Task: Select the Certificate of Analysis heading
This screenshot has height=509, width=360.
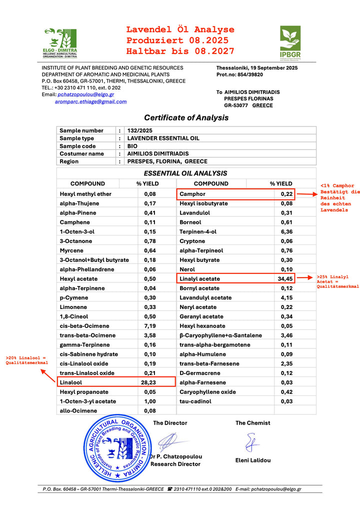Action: pyautogui.click(x=186, y=118)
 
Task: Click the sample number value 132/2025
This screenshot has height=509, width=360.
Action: pyautogui.click(x=140, y=130)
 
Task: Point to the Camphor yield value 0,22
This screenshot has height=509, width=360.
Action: pyautogui.click(x=286, y=194)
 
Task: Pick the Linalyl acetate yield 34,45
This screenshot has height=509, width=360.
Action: pyautogui.click(x=284, y=278)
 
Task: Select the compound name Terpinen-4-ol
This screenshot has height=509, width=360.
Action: pyautogui.click(x=198, y=231)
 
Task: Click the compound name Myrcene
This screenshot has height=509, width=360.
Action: pyautogui.click(x=70, y=250)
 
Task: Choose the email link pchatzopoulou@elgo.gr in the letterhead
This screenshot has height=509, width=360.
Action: pyautogui.click(x=86, y=94)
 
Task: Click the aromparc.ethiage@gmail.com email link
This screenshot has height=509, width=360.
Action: pyautogui.click(x=90, y=101)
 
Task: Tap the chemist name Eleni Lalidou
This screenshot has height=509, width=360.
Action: pyautogui.click(x=252, y=460)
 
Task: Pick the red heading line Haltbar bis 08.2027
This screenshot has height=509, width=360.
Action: pyautogui.click(x=180, y=51)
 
